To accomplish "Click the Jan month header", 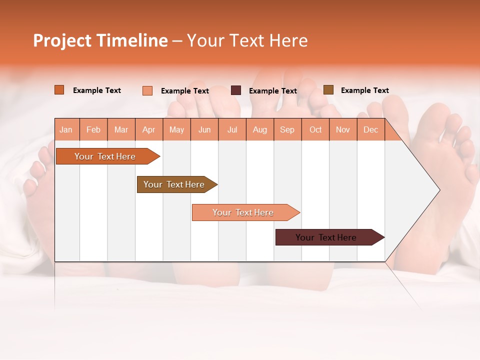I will [x=66, y=129].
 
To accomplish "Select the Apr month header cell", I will [x=148, y=129].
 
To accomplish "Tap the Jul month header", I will [x=232, y=129].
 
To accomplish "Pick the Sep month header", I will [x=287, y=129].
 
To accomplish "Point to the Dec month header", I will [x=370, y=129].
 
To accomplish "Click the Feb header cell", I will [x=93, y=129].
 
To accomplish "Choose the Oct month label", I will [x=315, y=129].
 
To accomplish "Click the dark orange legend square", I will [x=59, y=90].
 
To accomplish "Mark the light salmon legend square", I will [x=147, y=90].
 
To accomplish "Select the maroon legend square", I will [x=235, y=90].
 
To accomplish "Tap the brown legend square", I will [x=328, y=90].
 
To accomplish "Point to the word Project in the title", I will [x=62, y=40].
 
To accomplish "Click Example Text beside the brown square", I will [x=364, y=90].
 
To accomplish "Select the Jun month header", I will [x=204, y=129].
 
